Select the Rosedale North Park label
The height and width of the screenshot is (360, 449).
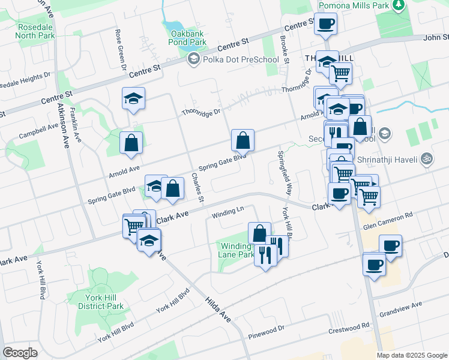point(28,31)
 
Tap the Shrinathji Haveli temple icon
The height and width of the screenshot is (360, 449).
point(426,159)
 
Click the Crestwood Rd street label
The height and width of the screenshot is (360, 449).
point(349,328)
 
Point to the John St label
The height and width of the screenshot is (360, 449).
point(436,37)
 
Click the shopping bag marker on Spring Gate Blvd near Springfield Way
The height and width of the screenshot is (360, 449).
point(243,142)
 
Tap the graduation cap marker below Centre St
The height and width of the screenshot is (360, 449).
point(133,98)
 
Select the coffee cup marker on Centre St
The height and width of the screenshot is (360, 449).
point(325,24)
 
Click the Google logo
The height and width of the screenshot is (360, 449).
point(20,353)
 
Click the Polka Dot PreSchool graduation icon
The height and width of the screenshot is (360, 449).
point(193,59)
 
